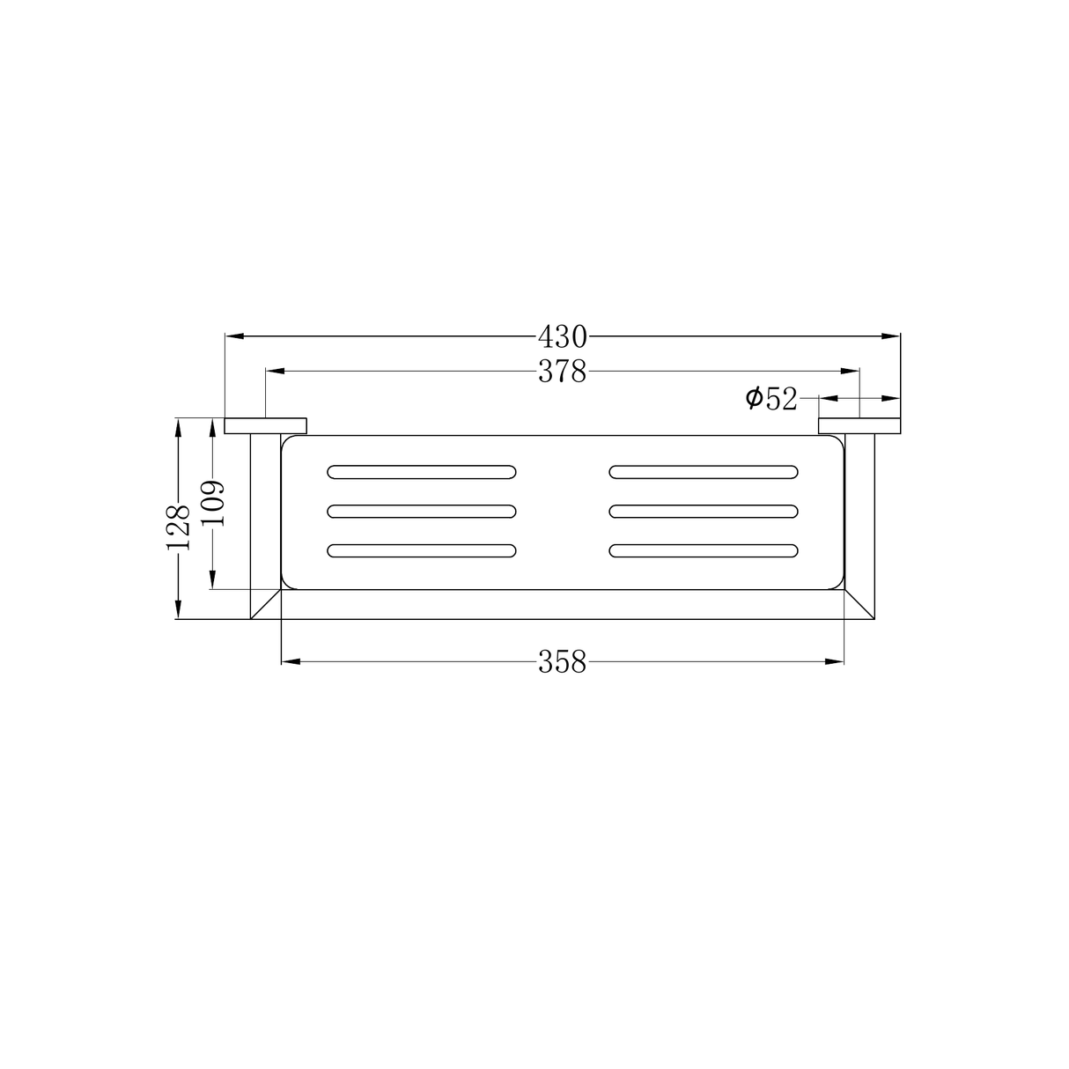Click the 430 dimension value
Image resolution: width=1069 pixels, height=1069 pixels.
coord(563,335)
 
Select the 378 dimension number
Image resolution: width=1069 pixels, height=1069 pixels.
coord(563,372)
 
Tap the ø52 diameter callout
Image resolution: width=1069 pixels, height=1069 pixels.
coord(771,399)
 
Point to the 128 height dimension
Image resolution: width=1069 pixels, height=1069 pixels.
coord(178,526)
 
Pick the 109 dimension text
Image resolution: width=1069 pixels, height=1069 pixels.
coord(212,504)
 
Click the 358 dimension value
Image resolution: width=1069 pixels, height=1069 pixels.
coord(563,662)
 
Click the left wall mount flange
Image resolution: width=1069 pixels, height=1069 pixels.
coord(266,426)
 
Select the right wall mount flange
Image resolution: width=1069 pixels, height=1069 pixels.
coord(859,426)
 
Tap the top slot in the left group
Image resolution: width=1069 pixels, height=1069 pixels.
coord(422,471)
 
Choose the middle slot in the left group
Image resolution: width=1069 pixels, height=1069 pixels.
coord(422,511)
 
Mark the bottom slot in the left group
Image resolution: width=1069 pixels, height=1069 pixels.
coord(422,551)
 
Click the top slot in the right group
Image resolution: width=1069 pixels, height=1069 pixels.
coord(704,471)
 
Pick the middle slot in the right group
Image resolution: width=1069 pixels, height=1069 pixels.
coord(704,511)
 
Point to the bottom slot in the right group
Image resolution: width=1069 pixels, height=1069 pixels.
coord(704,551)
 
